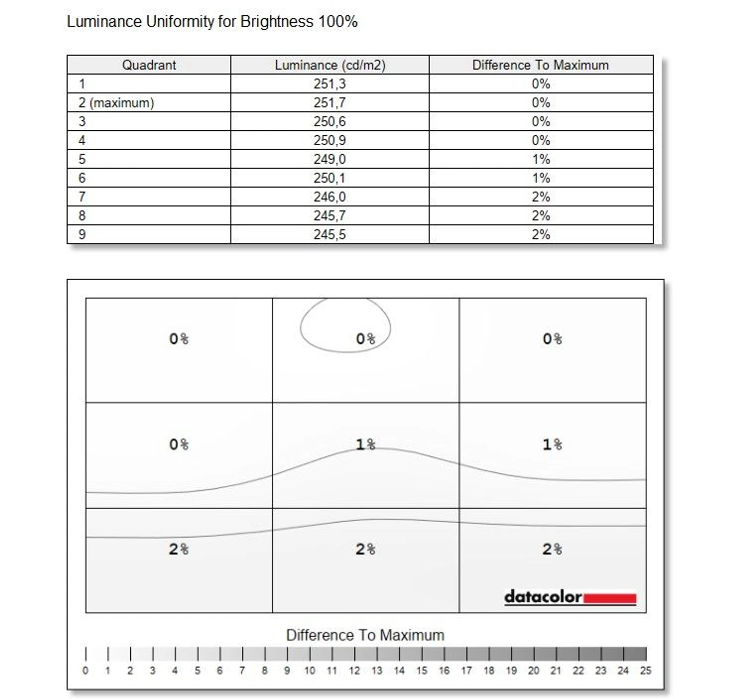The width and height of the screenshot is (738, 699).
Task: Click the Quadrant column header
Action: pyautogui.click(x=149, y=65)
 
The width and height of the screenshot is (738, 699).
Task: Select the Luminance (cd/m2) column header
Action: pyautogui.click(x=330, y=65)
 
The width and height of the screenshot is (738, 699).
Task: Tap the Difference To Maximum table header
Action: pyautogui.click(x=540, y=65)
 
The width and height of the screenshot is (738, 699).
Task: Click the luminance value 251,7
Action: pyautogui.click(x=329, y=103)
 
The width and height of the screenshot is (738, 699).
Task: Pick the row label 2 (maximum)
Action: pyautogui.click(x=116, y=103)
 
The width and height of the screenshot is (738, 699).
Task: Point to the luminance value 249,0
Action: pyautogui.click(x=329, y=159)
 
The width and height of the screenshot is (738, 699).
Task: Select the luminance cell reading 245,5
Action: pyautogui.click(x=329, y=234)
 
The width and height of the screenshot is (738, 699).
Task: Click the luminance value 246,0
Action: pyautogui.click(x=329, y=197)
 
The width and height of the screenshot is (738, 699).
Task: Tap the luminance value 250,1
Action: pyautogui.click(x=329, y=178)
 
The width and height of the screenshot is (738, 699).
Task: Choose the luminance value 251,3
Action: pyautogui.click(x=329, y=84)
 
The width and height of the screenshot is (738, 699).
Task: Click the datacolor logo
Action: pyautogui.click(x=570, y=597)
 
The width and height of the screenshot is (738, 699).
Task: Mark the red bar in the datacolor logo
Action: pyautogui.click(x=610, y=598)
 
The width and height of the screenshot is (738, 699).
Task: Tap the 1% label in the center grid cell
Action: pyautogui.click(x=365, y=444)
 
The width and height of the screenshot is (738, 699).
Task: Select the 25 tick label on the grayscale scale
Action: pyautogui.click(x=645, y=671)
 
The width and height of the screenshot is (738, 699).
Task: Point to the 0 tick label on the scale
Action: pyautogui.click(x=85, y=671)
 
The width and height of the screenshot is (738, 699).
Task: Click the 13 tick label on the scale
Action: pyautogui.click(x=377, y=671)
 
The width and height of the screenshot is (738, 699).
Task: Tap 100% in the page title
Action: pyautogui.click(x=338, y=22)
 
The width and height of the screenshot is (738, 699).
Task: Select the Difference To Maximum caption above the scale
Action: pyautogui.click(x=365, y=635)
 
